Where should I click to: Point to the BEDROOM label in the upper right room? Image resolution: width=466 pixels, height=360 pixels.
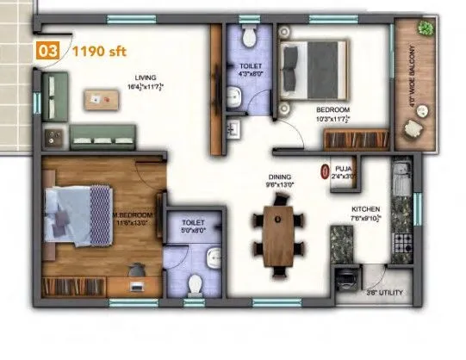(x=332, y=110)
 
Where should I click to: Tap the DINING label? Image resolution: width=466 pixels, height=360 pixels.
(x=281, y=177)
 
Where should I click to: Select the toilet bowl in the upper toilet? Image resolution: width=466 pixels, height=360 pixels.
(x=248, y=37)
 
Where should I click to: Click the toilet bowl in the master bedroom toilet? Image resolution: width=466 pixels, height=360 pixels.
(x=196, y=282)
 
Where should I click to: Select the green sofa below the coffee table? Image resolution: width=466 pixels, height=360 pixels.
(x=103, y=134)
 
